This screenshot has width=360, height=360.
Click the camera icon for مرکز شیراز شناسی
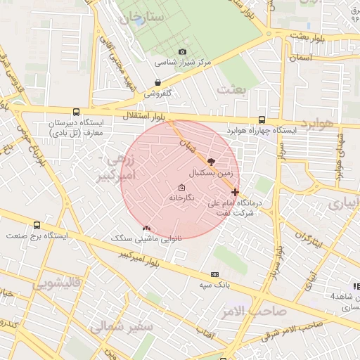[x=183, y=51]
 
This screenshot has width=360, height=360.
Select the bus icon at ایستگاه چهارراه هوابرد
[x=262, y=120]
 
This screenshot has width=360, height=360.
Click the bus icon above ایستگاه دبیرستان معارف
[x=75, y=112]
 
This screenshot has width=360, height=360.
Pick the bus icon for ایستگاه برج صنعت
[x=37, y=225]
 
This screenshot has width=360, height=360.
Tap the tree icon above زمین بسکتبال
[x=212, y=162]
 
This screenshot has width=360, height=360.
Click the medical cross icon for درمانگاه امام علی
[x=235, y=191]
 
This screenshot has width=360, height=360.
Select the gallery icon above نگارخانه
[x=182, y=188]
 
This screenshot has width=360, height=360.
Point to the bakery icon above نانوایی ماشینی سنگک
[x=146, y=228]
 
